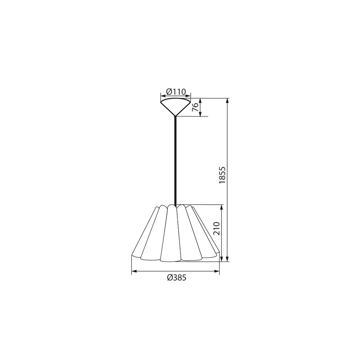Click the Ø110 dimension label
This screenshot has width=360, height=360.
click(175, 92)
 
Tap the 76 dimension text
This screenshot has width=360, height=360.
click(195, 107)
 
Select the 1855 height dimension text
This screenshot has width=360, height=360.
click(222, 175)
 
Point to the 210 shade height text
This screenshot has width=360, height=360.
click(216, 228)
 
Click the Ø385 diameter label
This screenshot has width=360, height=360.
click(176, 278)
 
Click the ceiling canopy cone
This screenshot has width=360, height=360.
click(175, 107)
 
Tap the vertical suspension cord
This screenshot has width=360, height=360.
click(175, 160)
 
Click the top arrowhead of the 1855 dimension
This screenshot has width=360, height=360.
click(228, 101)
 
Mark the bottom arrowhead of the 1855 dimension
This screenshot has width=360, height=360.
click(228, 259)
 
